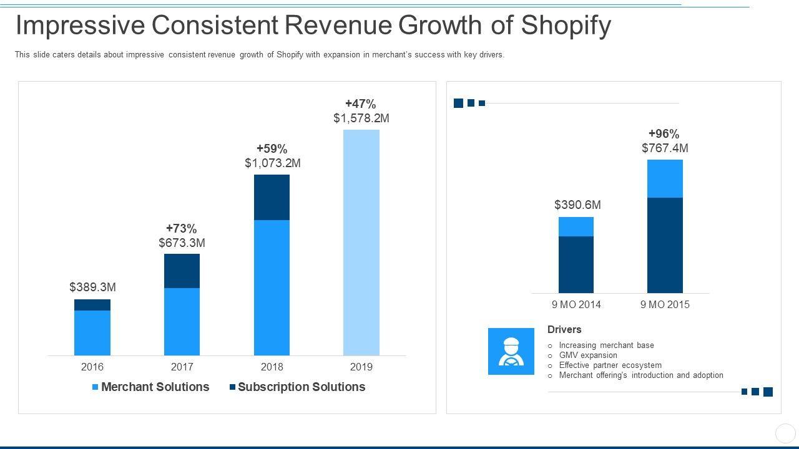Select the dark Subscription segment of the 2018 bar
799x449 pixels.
coord(272,197)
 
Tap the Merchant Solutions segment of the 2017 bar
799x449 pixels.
coord(182,321)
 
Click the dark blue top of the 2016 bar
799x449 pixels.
coord(92,305)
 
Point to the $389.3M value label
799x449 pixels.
coord(92,287)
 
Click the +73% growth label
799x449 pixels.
coord(182,228)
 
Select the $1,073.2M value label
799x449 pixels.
coord(272,163)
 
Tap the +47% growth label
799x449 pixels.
coord(361,104)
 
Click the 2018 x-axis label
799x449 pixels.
coord(272,367)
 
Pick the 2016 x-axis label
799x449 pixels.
coord(92,367)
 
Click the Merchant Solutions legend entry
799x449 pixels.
coord(150,387)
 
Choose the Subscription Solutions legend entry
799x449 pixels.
coord(297,387)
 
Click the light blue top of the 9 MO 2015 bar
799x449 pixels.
coord(665,178)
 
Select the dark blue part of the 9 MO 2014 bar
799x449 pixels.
coord(576,264)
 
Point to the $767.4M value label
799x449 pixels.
coord(665,148)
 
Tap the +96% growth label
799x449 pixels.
coord(664,133)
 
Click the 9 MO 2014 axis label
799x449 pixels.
coord(576,304)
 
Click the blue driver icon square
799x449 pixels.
coord(511,351)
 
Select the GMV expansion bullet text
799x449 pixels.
coord(588,355)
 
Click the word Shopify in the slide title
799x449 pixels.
coord(566,26)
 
